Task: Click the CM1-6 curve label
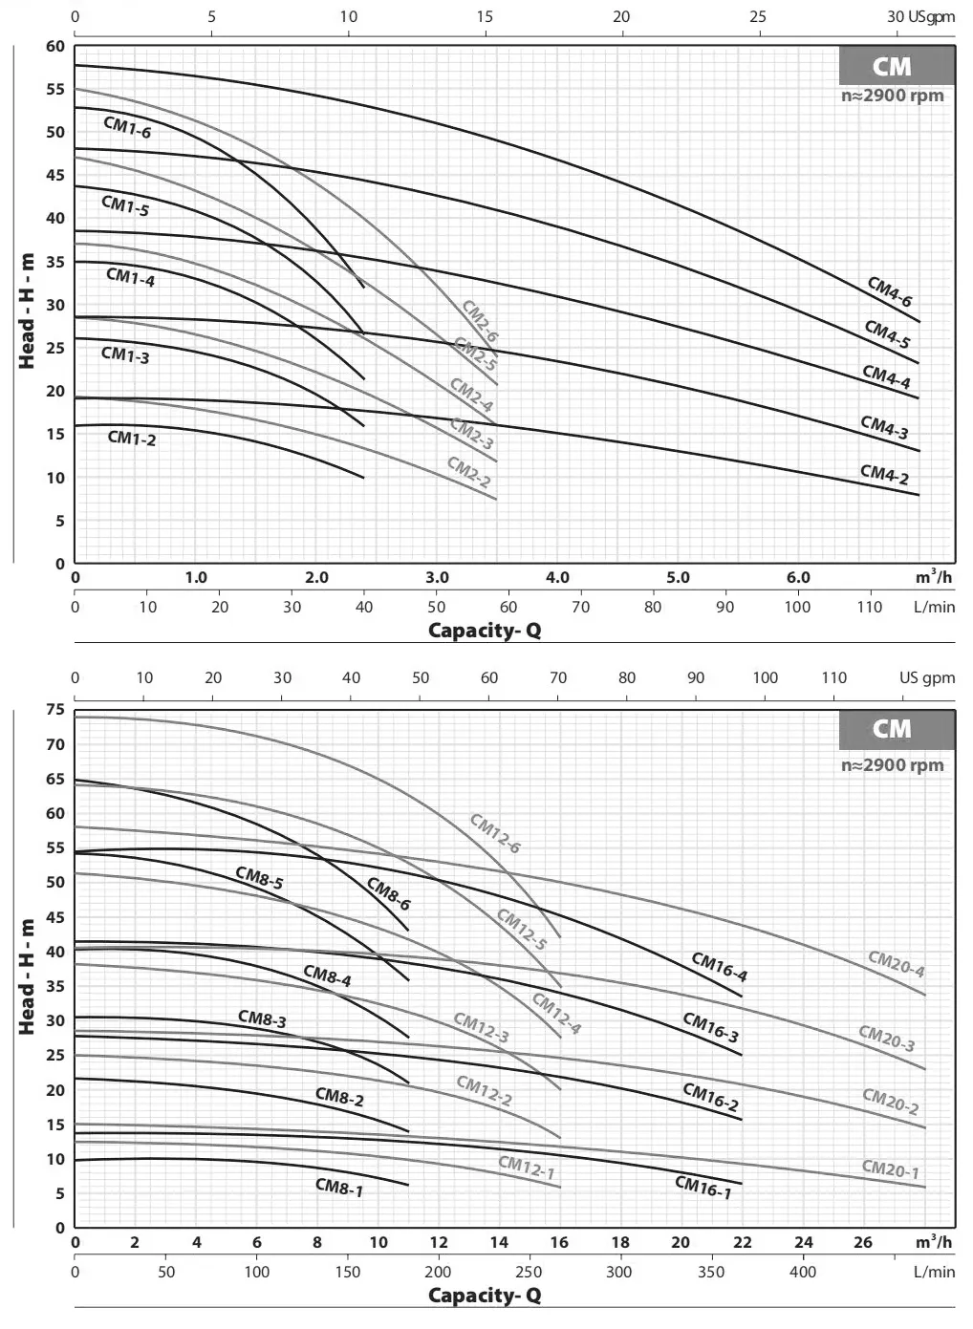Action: click(x=127, y=128)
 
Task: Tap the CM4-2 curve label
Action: click(x=884, y=475)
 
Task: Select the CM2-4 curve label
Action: click(x=471, y=396)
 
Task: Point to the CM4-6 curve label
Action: click(x=889, y=291)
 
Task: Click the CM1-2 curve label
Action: click(x=131, y=439)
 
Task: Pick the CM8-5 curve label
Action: click(x=259, y=878)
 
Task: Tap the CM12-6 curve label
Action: click(x=494, y=833)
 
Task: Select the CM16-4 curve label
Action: click(x=719, y=968)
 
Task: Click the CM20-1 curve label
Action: click(x=890, y=1169)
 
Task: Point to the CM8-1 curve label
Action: click(x=339, y=1188)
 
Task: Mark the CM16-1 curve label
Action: click(x=703, y=1188)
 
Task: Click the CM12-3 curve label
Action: click(x=481, y=1028)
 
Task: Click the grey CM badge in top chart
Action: click(x=892, y=67)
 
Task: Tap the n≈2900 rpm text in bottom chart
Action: click(x=892, y=765)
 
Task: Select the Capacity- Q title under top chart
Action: click(x=485, y=631)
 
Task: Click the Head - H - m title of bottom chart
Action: click(x=27, y=976)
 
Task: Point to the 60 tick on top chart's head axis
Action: click(x=55, y=47)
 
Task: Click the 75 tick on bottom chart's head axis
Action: click(x=55, y=710)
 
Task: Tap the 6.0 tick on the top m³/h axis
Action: click(x=798, y=578)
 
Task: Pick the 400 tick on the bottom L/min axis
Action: click(x=803, y=1272)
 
